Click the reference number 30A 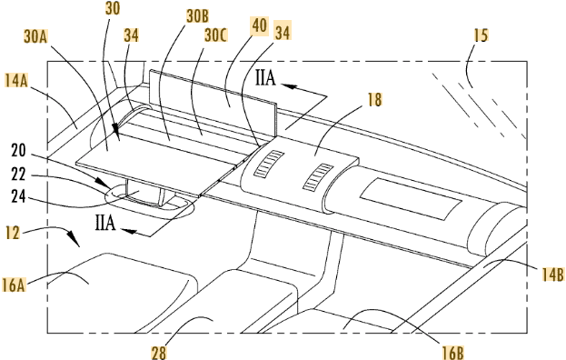36,36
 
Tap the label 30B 197,15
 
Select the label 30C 215,35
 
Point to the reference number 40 260,26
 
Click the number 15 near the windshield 482,35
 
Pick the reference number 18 374,99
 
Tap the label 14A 16,80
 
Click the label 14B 552,275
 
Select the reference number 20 18,151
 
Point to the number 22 18,175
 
